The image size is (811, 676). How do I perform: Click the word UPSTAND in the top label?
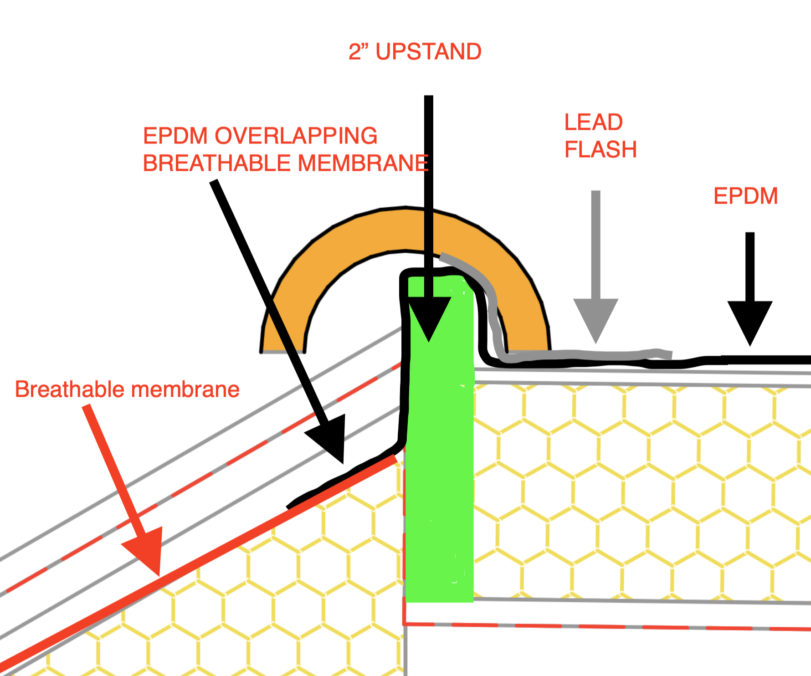click(x=428, y=51)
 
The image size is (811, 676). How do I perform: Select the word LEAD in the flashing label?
click(x=593, y=122)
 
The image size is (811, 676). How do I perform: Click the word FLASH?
click(x=601, y=149)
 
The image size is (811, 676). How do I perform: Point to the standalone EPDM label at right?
click(x=745, y=196)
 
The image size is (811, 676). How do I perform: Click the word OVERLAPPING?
click(x=296, y=136)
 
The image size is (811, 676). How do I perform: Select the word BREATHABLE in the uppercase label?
click(x=216, y=163)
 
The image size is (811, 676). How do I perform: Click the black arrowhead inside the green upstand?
click(x=429, y=317)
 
